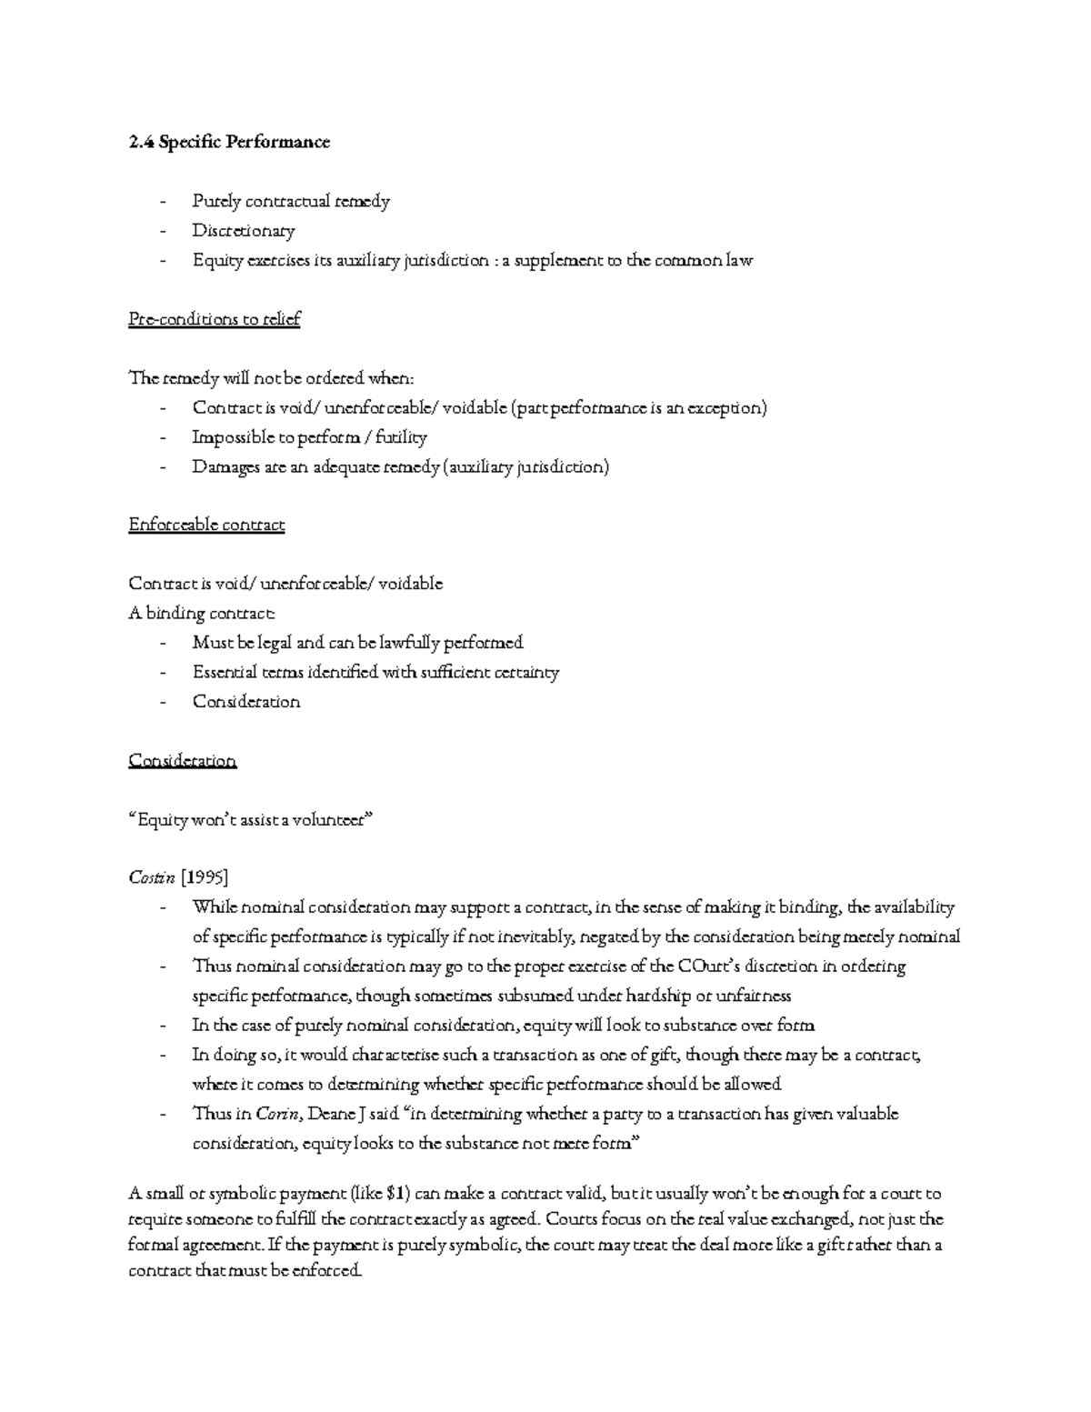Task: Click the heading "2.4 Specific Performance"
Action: [229, 142]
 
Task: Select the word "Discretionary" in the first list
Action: [243, 231]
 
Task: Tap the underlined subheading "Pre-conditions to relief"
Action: [214, 319]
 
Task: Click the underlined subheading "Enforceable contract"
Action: [206, 525]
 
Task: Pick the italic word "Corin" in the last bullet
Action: [276, 1114]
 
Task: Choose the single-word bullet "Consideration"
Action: [245, 702]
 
